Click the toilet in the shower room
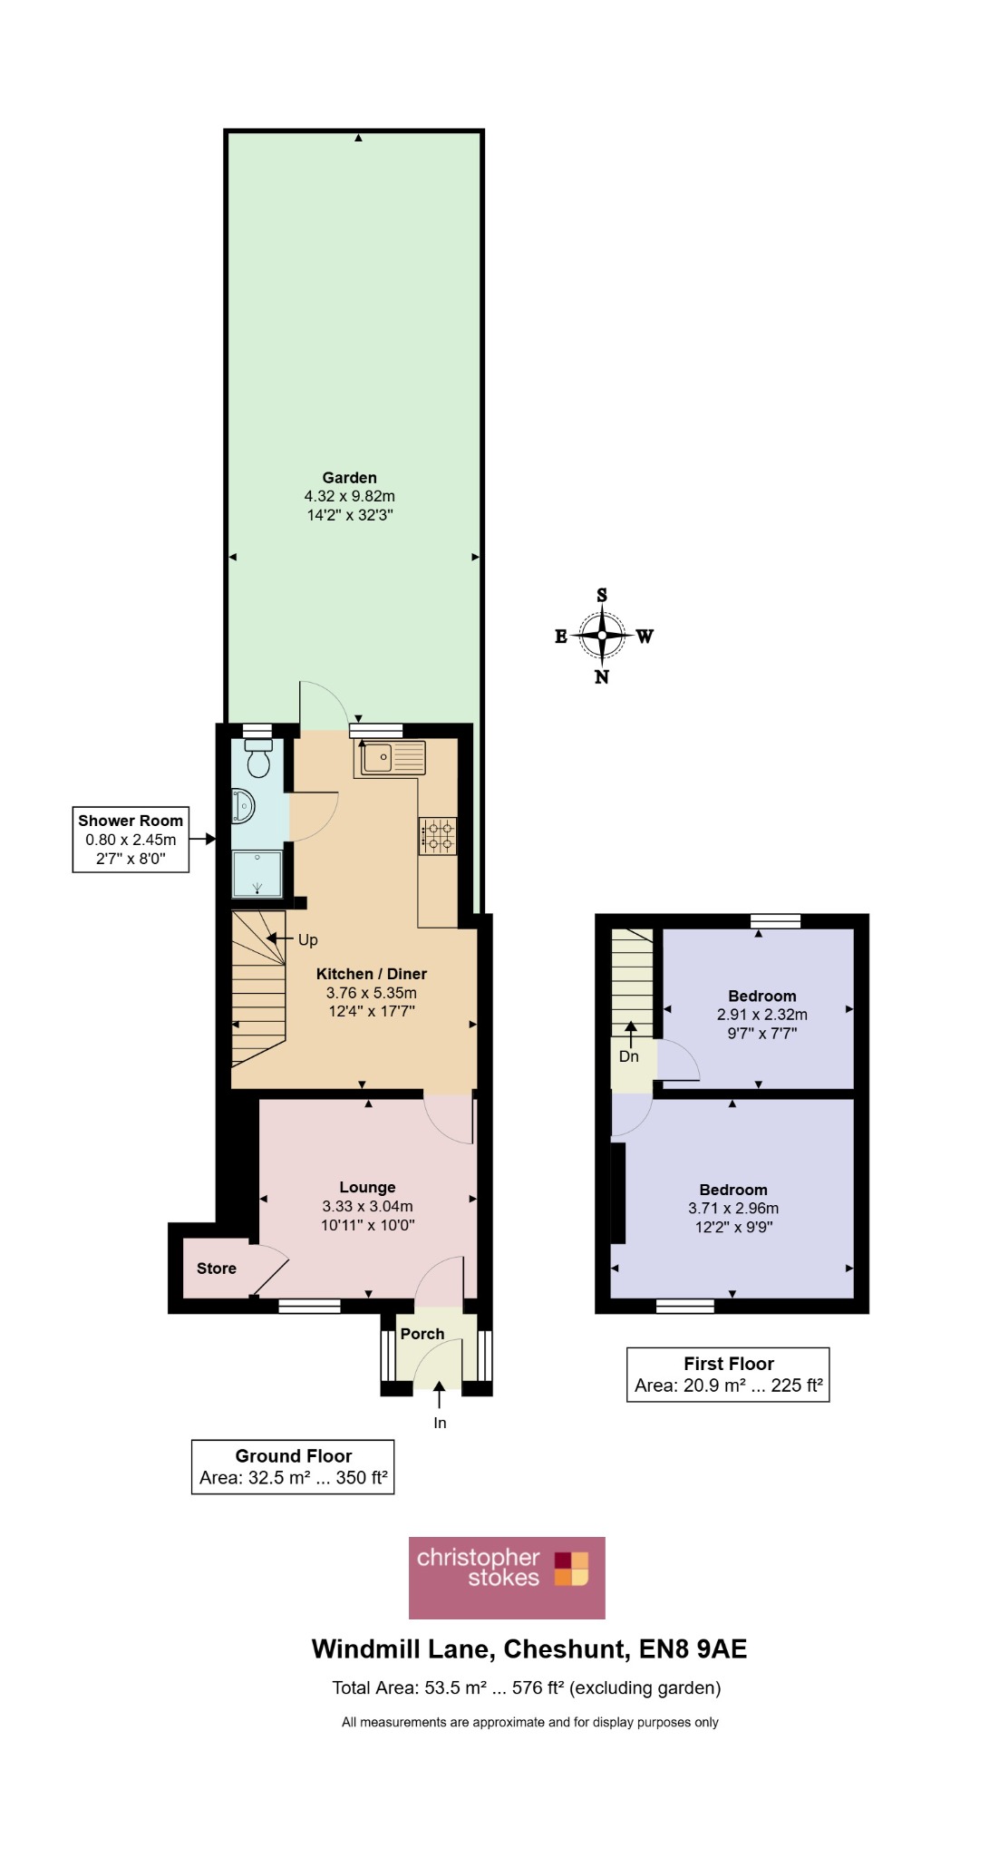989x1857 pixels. click(259, 758)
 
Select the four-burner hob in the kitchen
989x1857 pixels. click(438, 836)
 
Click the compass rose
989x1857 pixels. click(602, 636)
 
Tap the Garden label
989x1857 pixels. click(350, 478)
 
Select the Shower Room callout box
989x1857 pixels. click(131, 840)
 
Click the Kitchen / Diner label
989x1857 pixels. click(372, 974)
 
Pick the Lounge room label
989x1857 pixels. click(367, 1187)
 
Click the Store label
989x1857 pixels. click(217, 1269)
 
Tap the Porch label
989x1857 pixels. click(422, 1334)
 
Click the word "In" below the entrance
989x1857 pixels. click(440, 1423)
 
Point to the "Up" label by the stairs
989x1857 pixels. click(308, 940)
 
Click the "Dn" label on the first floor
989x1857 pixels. click(629, 1056)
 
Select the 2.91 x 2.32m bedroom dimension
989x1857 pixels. click(762, 1015)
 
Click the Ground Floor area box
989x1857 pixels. click(293, 1467)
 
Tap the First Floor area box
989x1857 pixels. click(728, 1375)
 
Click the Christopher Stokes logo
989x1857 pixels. click(507, 1578)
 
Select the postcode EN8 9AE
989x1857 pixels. click(693, 1648)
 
